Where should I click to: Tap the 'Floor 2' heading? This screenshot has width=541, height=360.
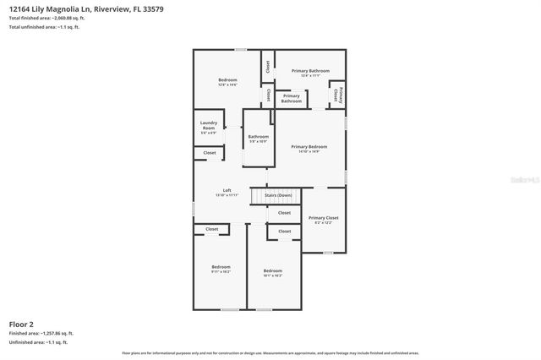pos(22,324)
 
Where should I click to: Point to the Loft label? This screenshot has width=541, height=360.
pos(227,192)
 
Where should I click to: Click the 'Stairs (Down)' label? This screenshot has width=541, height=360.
pos(278,195)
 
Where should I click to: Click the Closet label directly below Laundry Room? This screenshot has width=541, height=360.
pos(209,153)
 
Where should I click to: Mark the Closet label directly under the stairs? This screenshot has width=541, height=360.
pos(284,213)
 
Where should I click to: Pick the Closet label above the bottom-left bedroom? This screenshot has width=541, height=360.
pos(212,229)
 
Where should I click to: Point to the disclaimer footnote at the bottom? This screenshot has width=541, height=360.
pos(270,352)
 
